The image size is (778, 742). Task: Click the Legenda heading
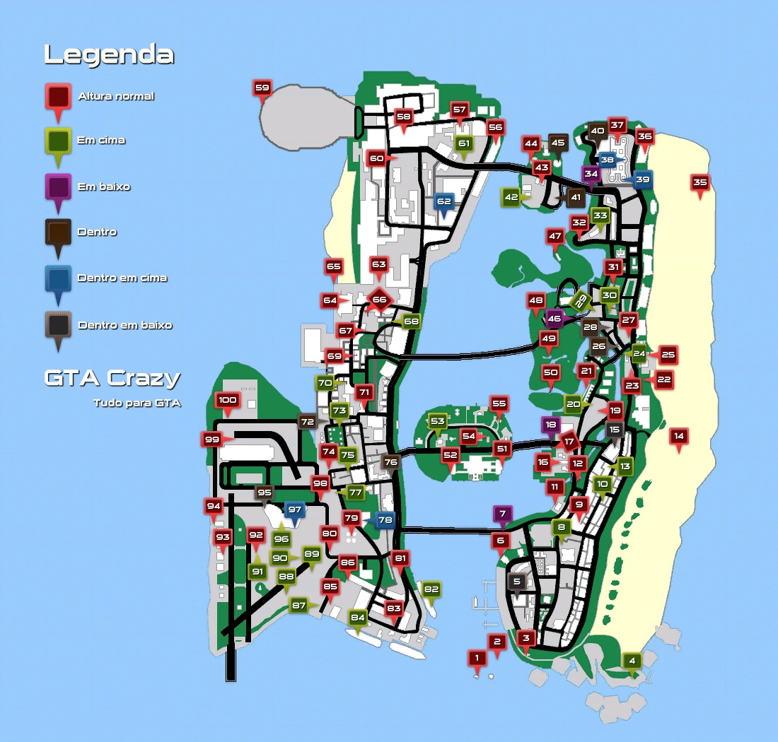pos(109,55)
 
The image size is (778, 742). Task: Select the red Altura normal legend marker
pos(58,96)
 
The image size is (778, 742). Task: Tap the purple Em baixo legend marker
pos(58,187)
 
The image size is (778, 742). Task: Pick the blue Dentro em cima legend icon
pos(58,278)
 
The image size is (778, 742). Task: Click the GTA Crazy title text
pos(112,378)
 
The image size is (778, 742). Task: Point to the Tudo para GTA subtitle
pos(137,404)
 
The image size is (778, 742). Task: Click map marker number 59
pos(262,89)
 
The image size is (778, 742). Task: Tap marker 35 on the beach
pos(699,183)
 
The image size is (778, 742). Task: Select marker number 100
pos(227,401)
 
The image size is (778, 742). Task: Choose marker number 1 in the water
pos(477,659)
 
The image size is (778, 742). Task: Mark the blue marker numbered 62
pos(443,202)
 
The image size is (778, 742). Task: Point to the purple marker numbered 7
pos(502,514)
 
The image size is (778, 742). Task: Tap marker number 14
pos(679,437)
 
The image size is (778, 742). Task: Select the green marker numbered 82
pos(431,589)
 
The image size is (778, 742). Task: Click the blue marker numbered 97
pos(295,510)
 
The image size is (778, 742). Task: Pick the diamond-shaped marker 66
pos(379,300)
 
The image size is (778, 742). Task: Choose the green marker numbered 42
pos(511,197)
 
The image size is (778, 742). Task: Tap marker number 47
pos(555,237)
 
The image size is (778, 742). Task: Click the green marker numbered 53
pos(438,422)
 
